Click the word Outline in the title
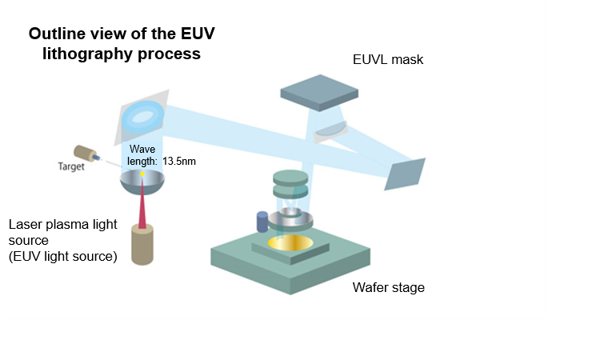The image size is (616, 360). (x=57, y=34)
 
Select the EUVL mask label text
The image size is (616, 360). (x=388, y=59)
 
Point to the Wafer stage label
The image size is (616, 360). (x=388, y=287)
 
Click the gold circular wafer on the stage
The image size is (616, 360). (x=290, y=243)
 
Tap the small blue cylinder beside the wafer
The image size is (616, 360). (x=262, y=222)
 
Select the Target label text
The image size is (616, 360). (x=71, y=166)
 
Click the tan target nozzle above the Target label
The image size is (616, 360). (x=85, y=153)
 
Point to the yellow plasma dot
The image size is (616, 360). (x=142, y=174)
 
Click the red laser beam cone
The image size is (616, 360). (x=142, y=208)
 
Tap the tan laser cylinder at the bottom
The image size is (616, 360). (x=142, y=246)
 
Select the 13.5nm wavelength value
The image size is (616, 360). (x=178, y=161)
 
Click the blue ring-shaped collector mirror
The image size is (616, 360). (x=142, y=116)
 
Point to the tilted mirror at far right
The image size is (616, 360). (x=405, y=174)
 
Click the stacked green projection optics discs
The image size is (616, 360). (x=290, y=184)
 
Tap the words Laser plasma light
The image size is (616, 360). (x=63, y=225)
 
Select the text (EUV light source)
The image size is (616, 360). (x=63, y=256)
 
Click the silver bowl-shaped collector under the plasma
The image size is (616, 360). (x=142, y=182)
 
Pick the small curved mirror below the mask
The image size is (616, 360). (x=330, y=131)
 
